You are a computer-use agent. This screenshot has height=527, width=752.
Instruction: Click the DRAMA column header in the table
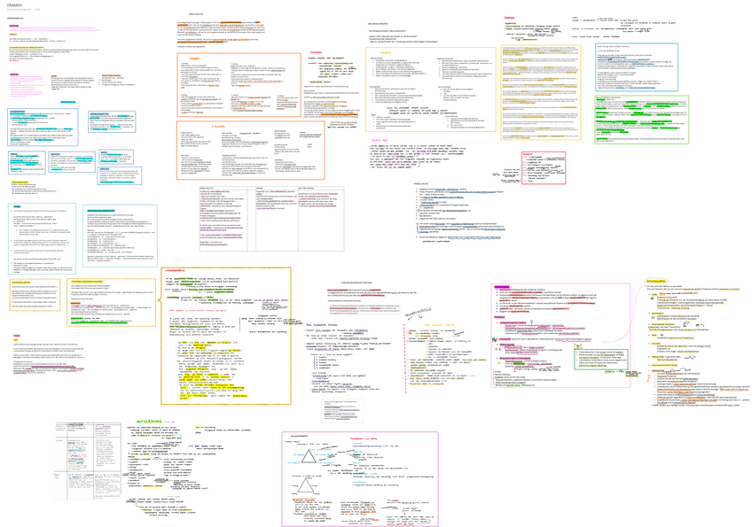(x=261, y=188)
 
